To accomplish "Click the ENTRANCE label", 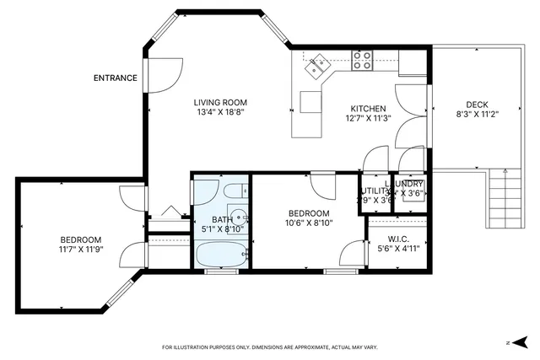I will point(116,78).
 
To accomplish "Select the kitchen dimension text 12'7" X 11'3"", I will point(369,119).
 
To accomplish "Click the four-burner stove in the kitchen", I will point(363,58).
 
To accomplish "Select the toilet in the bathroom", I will point(237,191).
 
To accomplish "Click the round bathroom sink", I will point(238,217).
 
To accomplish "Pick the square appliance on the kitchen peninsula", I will point(311,101).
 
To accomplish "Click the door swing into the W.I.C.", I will point(354,253).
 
